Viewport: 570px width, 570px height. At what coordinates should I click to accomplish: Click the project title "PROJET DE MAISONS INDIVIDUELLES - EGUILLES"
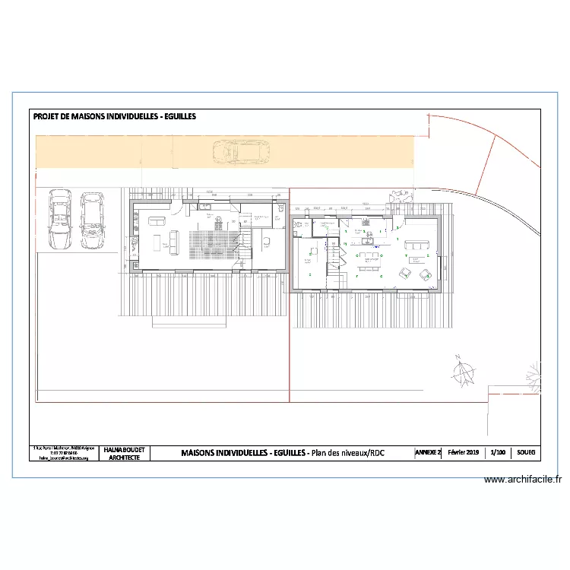[x=115, y=117]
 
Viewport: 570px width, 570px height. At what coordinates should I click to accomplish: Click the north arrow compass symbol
[x=461, y=372]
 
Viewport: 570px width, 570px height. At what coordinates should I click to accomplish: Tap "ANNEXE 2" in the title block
[x=428, y=452]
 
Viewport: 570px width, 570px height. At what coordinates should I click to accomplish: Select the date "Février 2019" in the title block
[x=464, y=452]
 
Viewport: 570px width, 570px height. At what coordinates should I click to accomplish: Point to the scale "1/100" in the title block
[x=499, y=452]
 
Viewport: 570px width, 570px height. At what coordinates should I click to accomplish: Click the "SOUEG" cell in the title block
[x=526, y=452]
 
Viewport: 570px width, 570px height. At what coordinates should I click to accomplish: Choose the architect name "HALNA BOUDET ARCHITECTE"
[x=124, y=454]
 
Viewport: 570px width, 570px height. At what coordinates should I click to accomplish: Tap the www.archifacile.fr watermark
[x=524, y=480]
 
